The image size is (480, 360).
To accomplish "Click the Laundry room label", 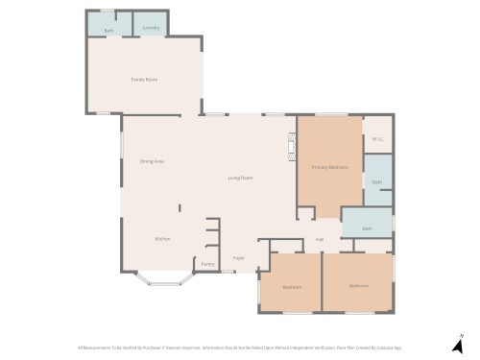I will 150,29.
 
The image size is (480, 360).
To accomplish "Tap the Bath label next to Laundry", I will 108,29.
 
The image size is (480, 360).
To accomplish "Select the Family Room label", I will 144,80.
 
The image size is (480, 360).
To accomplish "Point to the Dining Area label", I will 152,161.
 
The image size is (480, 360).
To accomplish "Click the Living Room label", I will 240,179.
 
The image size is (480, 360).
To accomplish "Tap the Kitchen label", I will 163,239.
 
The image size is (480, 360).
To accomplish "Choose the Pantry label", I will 207,264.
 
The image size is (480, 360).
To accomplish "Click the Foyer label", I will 239,257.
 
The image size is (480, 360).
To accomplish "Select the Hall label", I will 320,239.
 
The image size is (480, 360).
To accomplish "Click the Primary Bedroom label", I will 329,167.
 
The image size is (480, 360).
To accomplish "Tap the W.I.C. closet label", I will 377,139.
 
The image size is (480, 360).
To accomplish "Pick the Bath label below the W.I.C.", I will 377,182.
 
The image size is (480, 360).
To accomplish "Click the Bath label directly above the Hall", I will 367,228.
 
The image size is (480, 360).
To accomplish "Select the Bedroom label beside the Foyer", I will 292,287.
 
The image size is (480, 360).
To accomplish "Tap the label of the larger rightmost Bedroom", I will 358,286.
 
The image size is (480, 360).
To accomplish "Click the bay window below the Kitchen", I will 158,280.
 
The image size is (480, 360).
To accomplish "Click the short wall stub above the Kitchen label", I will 178,207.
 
